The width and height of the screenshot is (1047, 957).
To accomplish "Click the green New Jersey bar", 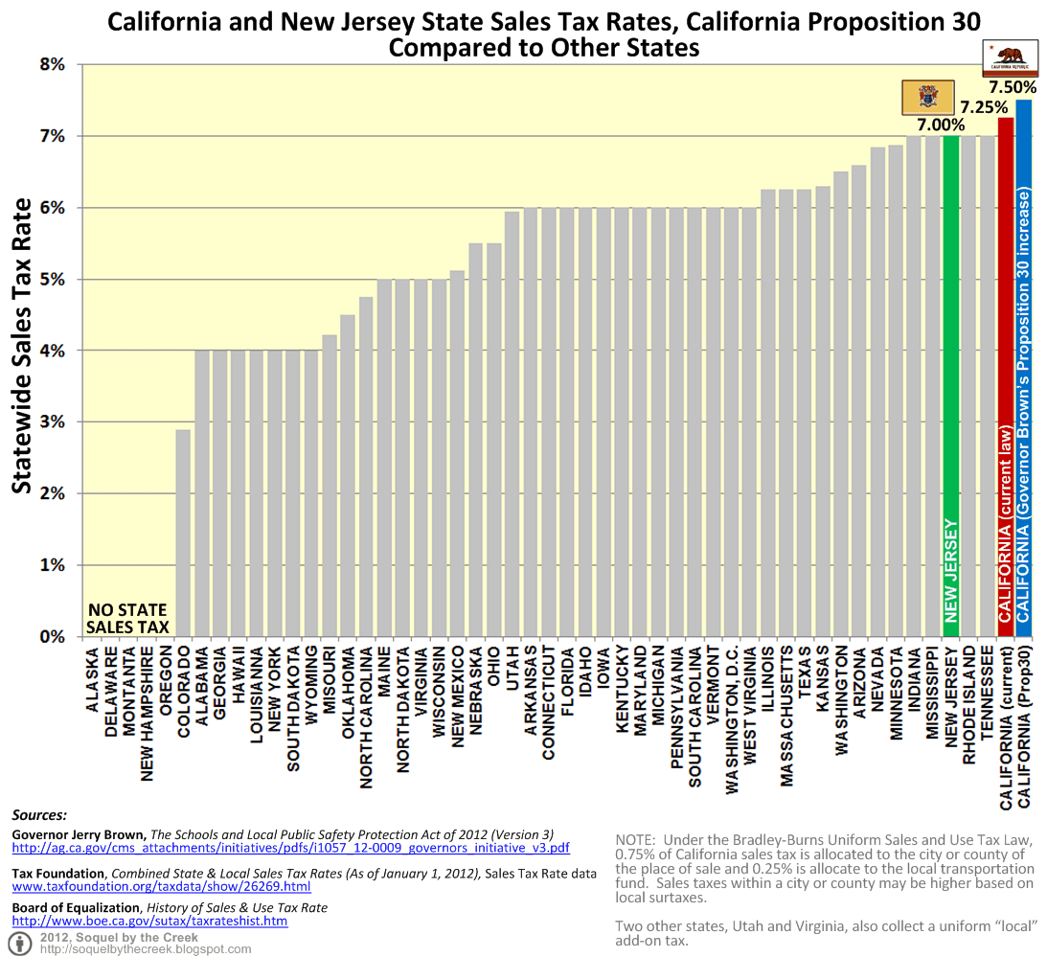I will click(x=950, y=383).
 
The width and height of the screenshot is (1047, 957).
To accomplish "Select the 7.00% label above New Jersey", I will click(x=940, y=124).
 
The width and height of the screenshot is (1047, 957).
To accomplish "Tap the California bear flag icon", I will click(x=1013, y=57).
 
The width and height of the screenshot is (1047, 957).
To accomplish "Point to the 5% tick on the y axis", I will click(x=52, y=279).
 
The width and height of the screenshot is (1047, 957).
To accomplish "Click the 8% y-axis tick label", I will click(x=52, y=64).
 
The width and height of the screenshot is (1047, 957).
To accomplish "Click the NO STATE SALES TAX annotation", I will click(x=127, y=619).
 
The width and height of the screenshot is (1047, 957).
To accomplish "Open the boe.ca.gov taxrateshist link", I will click(x=149, y=921).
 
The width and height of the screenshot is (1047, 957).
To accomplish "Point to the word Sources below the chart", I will click(x=39, y=815).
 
